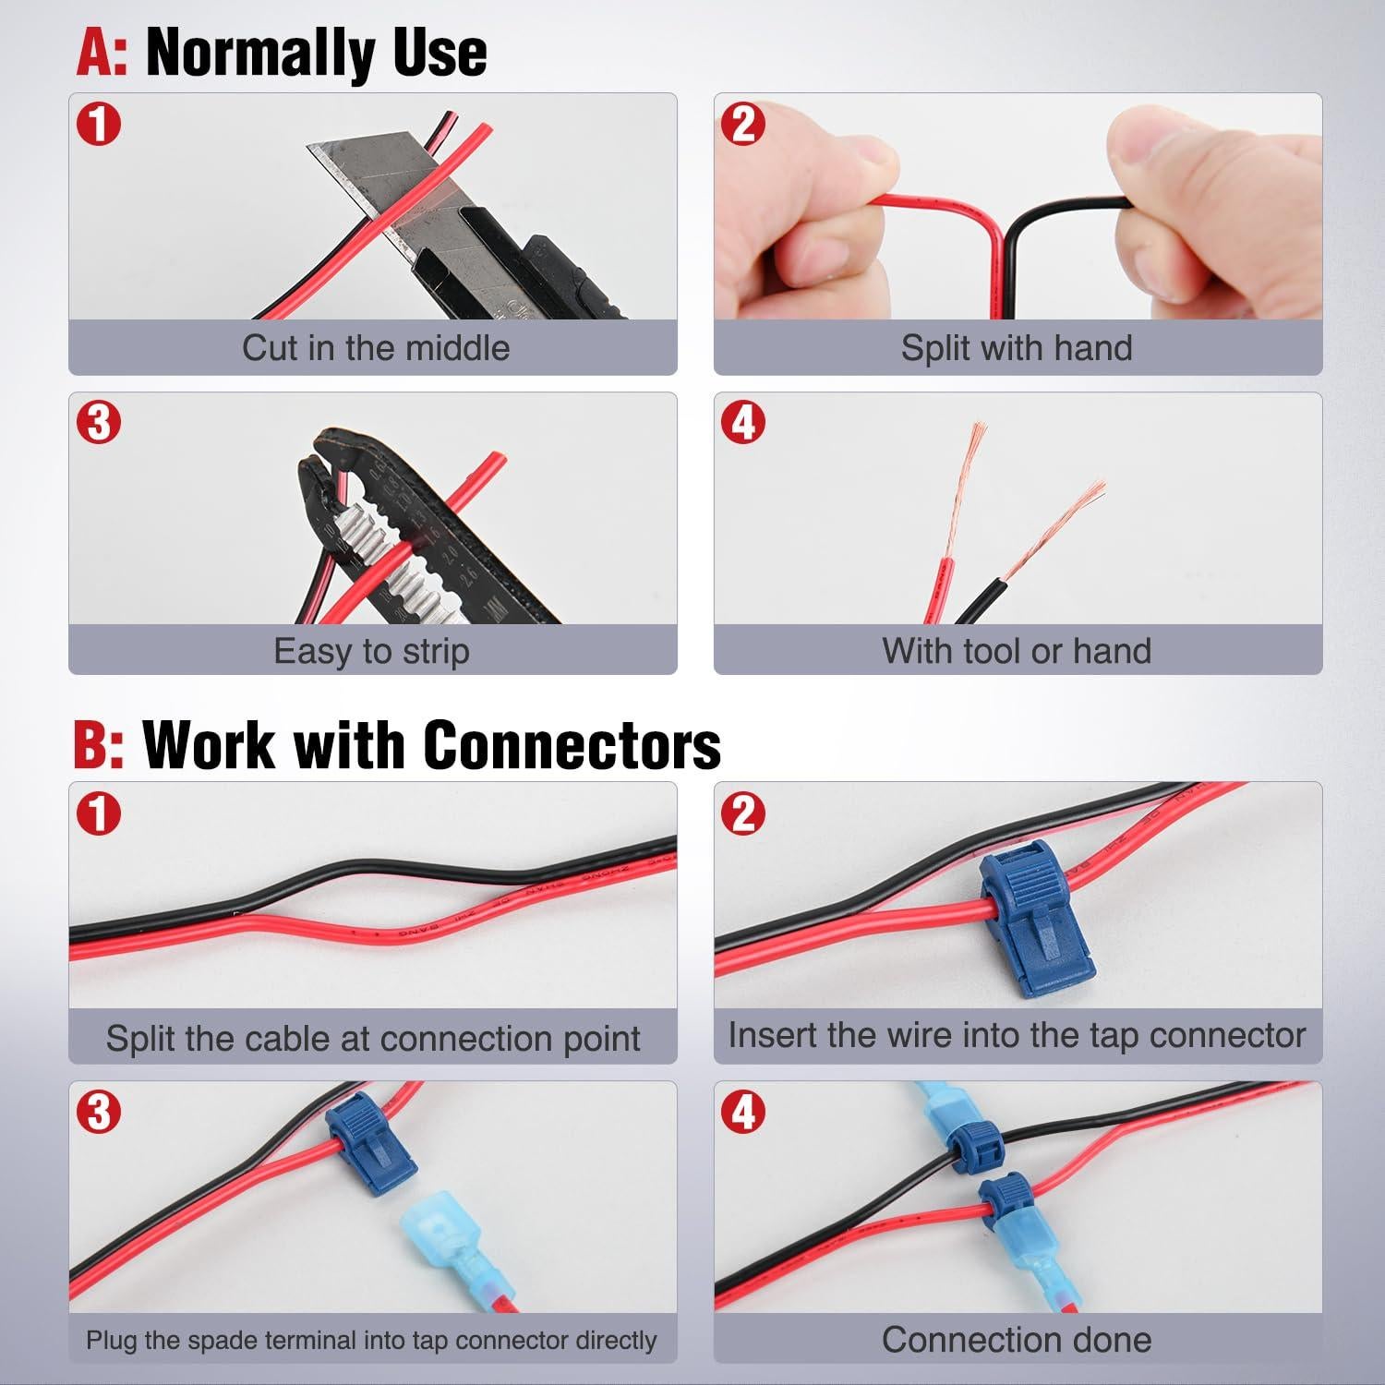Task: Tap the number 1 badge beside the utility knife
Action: [99, 124]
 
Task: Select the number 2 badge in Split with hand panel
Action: [744, 124]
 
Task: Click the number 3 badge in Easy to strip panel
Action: [99, 423]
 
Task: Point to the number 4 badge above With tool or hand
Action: [744, 423]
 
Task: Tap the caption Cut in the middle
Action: [375, 348]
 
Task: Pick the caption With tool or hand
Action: [1017, 651]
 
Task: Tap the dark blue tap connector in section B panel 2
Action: [1034, 914]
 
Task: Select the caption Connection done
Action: [1017, 1340]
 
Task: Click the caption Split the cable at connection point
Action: [373, 1039]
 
